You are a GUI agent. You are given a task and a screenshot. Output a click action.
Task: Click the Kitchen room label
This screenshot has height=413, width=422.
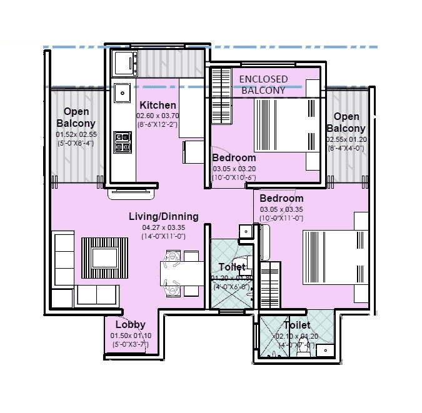(158, 105)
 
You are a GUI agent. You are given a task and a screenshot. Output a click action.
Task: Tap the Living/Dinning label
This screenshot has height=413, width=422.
(163, 217)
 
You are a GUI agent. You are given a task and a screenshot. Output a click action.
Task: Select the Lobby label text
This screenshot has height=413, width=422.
(130, 324)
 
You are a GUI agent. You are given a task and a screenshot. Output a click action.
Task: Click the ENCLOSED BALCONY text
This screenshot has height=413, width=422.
(264, 84)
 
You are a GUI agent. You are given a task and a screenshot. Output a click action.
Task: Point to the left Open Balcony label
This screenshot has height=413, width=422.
(76, 118)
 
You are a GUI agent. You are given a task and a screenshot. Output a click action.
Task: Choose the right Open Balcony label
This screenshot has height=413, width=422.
(346, 122)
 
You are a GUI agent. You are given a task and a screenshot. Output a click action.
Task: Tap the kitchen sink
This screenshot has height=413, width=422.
(121, 93)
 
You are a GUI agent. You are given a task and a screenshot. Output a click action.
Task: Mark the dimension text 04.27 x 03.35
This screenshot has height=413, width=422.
(163, 227)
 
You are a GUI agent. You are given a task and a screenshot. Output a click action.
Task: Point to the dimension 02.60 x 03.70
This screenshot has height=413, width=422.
(158, 116)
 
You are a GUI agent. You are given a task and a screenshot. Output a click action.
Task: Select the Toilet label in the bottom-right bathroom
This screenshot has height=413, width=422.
(297, 326)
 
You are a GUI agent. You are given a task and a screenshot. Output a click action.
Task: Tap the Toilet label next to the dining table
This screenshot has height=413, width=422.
(232, 267)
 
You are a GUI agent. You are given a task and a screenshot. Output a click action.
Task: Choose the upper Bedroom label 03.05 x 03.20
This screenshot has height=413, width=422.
(234, 157)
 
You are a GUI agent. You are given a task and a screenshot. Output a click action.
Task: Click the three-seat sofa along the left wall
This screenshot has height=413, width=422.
(63, 269)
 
